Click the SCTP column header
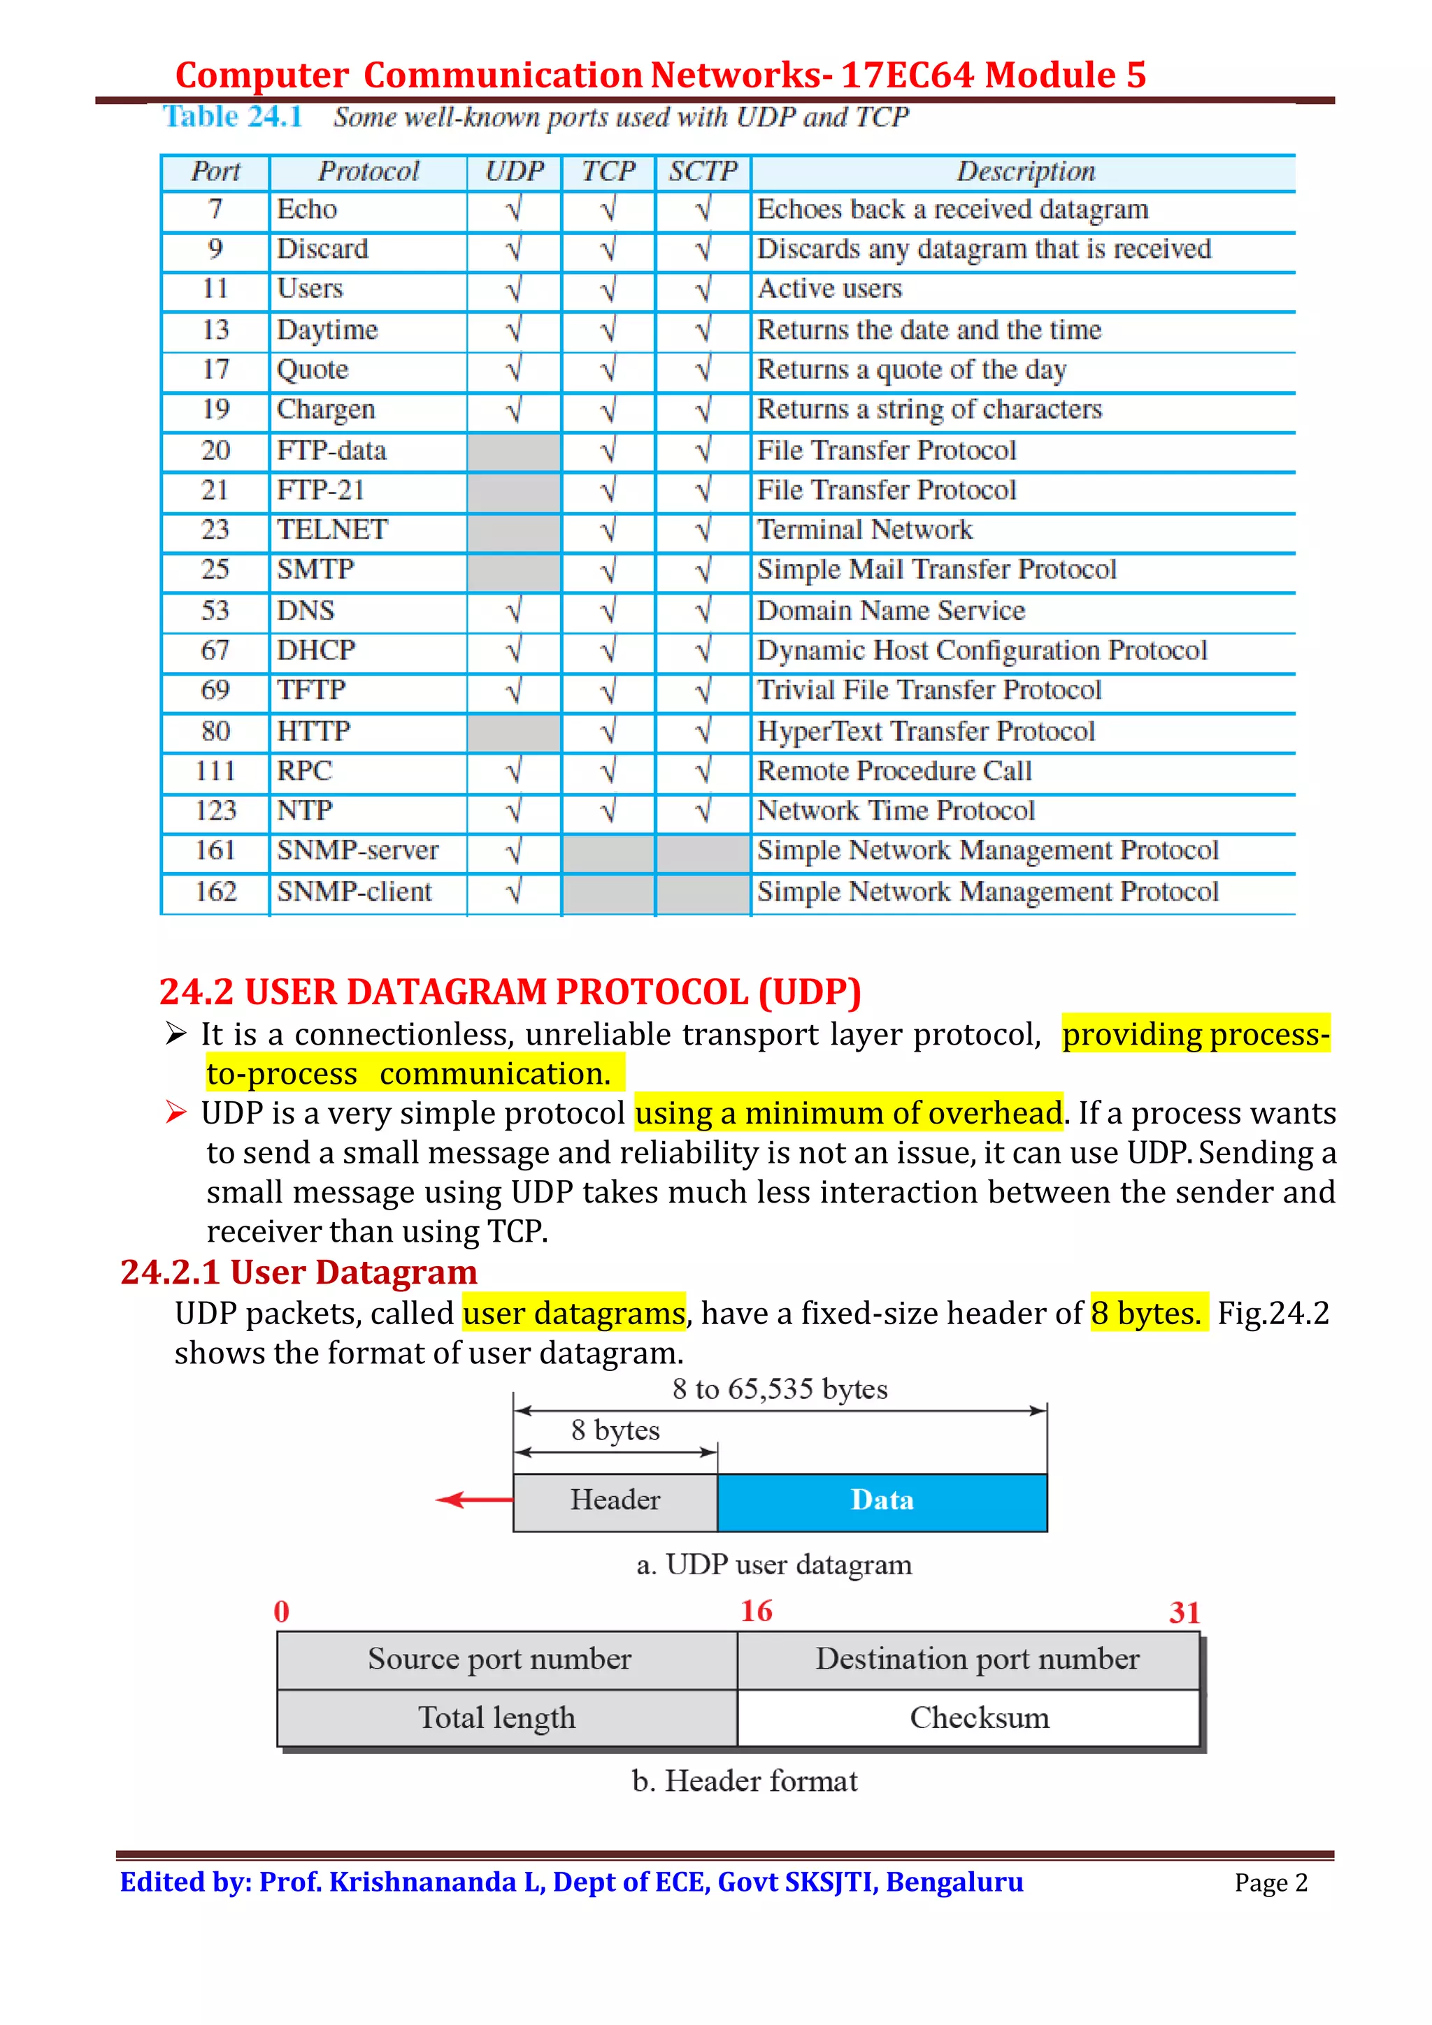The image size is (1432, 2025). (702, 171)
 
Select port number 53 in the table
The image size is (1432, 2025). (215, 610)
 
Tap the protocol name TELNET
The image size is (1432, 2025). (331, 530)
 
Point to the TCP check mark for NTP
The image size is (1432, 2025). (608, 811)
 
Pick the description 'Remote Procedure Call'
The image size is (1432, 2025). (894, 771)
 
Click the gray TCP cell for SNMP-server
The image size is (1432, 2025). (608, 851)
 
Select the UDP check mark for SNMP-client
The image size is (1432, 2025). (513, 892)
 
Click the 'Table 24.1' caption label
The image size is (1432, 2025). (233, 117)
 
